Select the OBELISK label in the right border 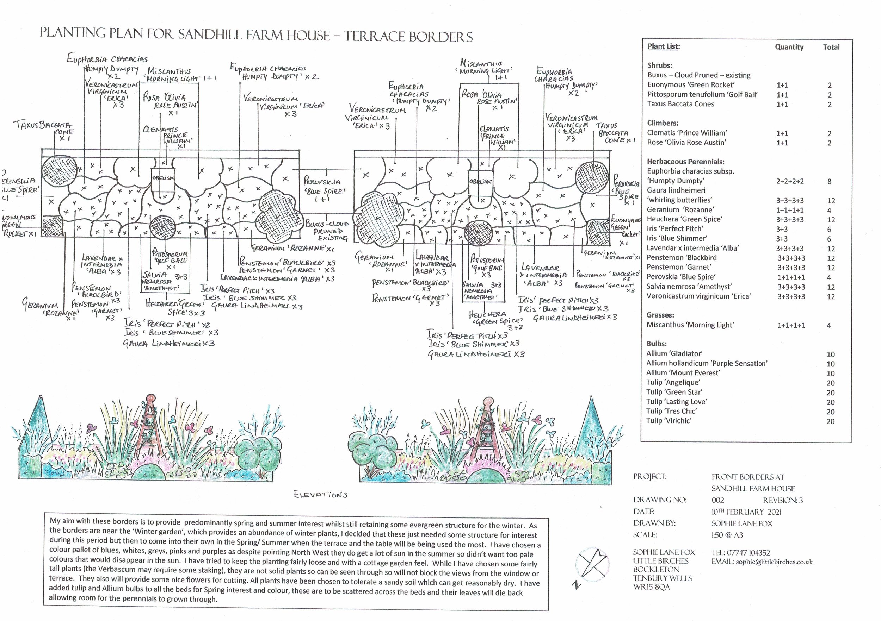pyautogui.click(x=480, y=181)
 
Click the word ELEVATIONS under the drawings pyautogui.click(x=320, y=495)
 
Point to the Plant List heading pyautogui.click(x=664, y=46)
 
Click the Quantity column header pyautogui.click(x=789, y=47)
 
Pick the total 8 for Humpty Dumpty pyautogui.click(x=829, y=181)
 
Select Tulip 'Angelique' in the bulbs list pyautogui.click(x=673, y=382)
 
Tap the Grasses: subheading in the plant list pyautogui.click(x=660, y=315)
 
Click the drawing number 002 pyautogui.click(x=718, y=500)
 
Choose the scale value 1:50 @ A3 pyautogui.click(x=727, y=535)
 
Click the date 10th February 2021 pyautogui.click(x=746, y=512)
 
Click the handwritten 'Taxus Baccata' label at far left pyautogui.click(x=42, y=125)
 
